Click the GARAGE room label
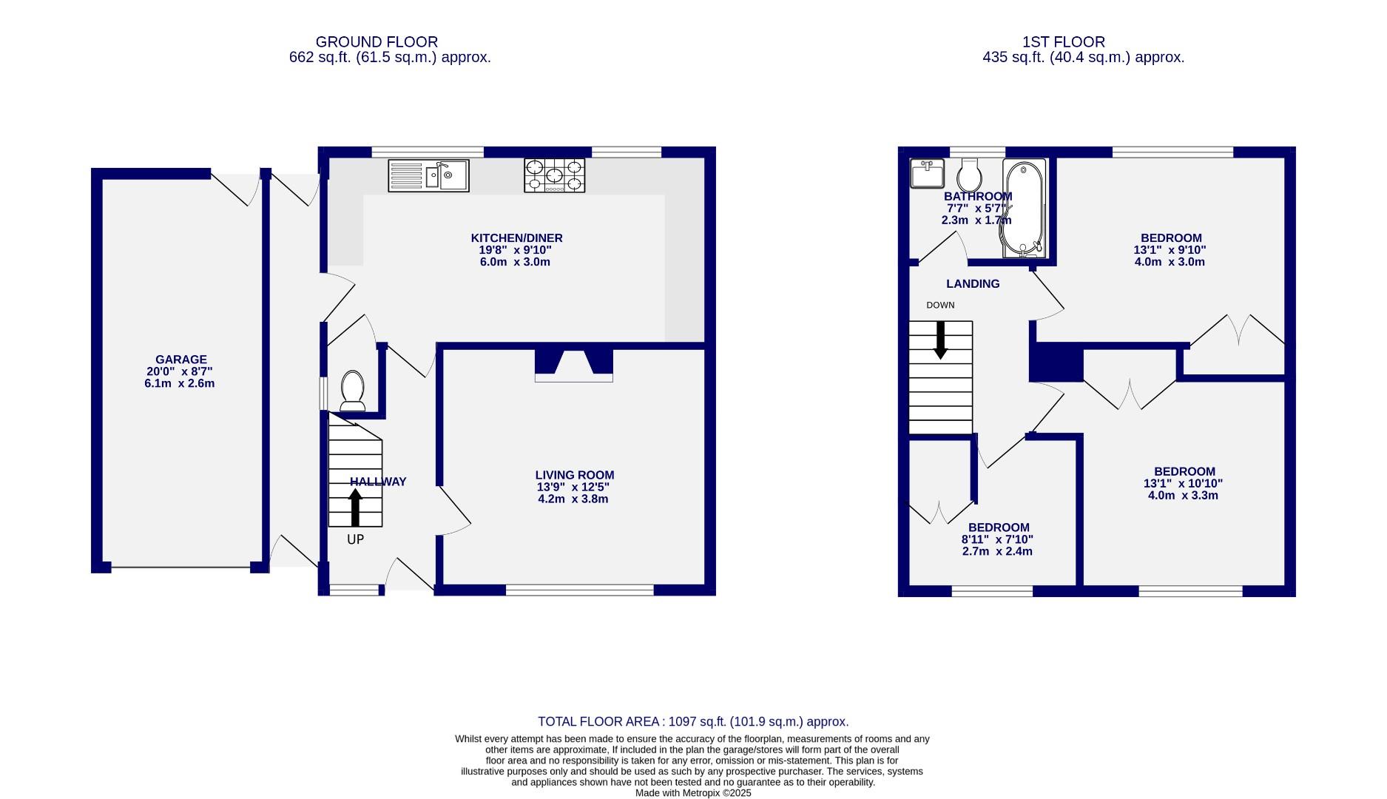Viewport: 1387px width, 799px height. (x=180, y=360)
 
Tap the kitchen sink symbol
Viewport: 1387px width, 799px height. (x=428, y=176)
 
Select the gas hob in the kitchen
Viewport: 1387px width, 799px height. (x=554, y=176)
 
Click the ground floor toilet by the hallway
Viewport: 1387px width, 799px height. (x=352, y=391)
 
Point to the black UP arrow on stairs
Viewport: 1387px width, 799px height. (x=355, y=508)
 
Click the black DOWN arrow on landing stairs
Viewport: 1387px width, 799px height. (x=940, y=340)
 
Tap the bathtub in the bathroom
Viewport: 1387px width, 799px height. (x=1024, y=209)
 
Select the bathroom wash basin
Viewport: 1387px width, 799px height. (x=927, y=175)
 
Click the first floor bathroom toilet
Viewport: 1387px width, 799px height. (x=969, y=176)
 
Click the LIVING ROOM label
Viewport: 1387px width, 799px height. (x=575, y=475)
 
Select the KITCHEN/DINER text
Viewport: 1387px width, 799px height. (x=516, y=238)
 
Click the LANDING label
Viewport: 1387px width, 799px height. (x=973, y=283)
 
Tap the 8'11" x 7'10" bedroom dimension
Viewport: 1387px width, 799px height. (x=997, y=540)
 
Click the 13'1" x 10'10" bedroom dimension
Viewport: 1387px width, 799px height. (x=1183, y=484)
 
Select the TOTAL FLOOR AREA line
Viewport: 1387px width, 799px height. (x=692, y=721)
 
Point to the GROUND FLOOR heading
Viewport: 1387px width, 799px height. (x=377, y=42)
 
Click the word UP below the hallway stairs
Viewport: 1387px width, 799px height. (x=355, y=539)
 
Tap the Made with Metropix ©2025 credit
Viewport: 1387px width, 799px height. (x=692, y=792)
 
